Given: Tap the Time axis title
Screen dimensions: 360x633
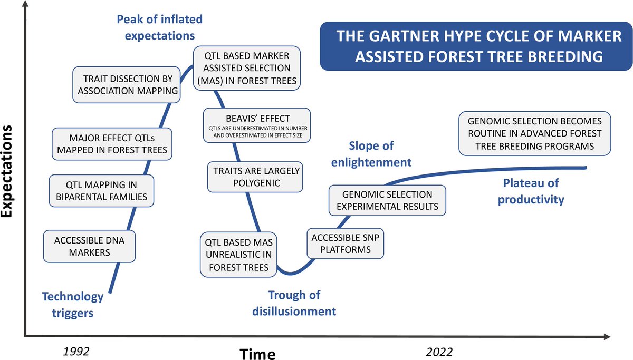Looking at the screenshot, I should point(257,353).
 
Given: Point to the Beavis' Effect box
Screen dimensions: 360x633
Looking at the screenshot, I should point(257,125).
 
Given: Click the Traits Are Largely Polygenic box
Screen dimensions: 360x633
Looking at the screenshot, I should point(256,177).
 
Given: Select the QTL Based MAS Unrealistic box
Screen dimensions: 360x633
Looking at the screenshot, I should point(239,255).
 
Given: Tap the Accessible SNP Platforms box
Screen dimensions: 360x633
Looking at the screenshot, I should point(346,243).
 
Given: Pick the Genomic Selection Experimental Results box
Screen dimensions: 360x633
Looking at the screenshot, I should point(387,200).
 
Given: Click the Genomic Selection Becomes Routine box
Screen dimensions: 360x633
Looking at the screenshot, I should point(535,133).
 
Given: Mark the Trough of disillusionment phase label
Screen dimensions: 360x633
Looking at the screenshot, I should point(294,303).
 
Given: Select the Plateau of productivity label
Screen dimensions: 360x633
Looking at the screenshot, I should point(531,191).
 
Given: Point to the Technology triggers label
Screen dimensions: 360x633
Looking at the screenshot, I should point(73,305).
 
